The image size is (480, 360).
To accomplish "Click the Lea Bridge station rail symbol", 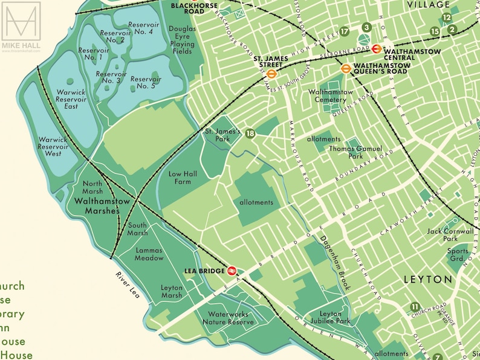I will [x=232, y=270].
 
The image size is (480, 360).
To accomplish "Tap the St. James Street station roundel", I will [x=272, y=70].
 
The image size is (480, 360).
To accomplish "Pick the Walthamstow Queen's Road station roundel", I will [x=346, y=68].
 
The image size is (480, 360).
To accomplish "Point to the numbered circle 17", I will [x=345, y=31].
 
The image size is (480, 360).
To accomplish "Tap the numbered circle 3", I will [x=366, y=27].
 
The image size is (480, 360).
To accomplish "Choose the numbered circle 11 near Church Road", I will [x=415, y=306].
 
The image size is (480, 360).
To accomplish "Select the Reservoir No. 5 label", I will [x=146, y=82].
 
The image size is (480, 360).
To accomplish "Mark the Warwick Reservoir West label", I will [x=53, y=146].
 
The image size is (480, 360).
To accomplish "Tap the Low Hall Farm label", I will [x=180, y=178].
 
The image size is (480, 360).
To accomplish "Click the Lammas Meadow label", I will [x=149, y=254].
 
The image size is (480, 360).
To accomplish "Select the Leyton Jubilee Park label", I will [x=335, y=318].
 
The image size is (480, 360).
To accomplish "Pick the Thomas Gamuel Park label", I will [x=355, y=152].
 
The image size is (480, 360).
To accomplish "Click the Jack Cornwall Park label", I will [x=450, y=235].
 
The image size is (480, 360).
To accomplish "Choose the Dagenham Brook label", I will [x=336, y=263].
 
